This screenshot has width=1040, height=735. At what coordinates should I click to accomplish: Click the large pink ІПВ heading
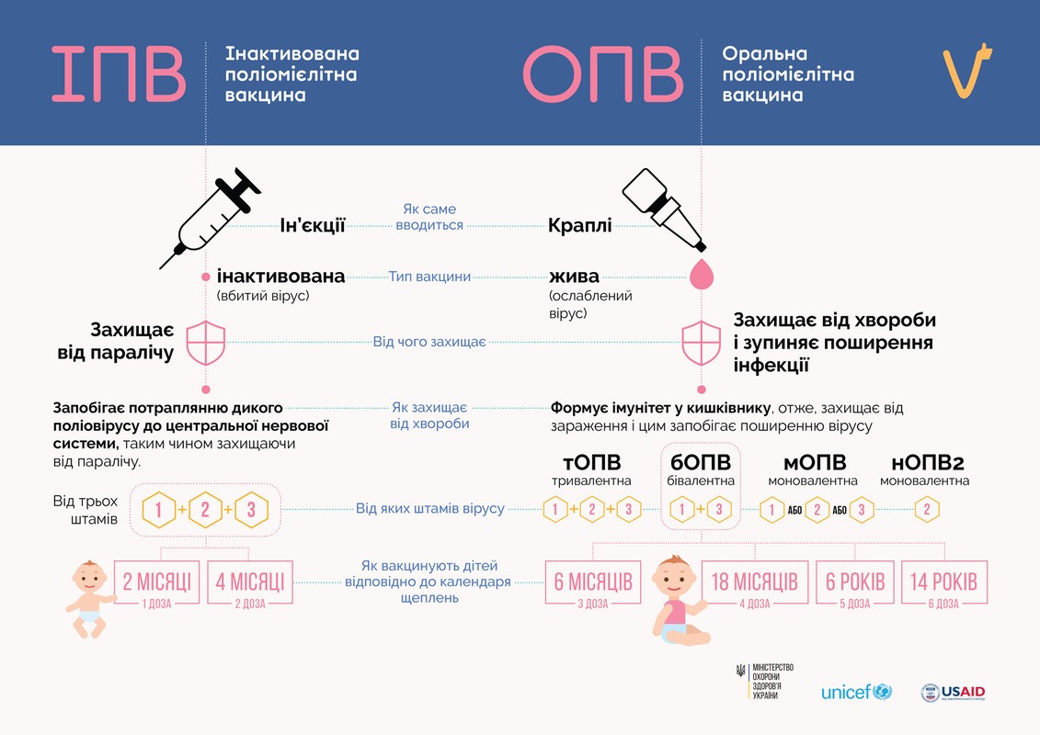(x=119, y=73)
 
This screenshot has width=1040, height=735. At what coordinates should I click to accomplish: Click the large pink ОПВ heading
(x=603, y=73)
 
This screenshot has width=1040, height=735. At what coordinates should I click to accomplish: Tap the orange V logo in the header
(x=967, y=70)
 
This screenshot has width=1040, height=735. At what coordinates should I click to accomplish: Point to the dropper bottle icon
(x=664, y=209)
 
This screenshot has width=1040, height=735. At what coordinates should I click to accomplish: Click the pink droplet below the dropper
(x=701, y=274)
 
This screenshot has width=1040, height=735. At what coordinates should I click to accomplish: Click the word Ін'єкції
(x=313, y=225)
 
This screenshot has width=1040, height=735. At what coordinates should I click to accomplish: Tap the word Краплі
(x=579, y=225)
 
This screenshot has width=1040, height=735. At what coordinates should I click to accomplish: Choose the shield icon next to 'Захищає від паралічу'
(x=206, y=343)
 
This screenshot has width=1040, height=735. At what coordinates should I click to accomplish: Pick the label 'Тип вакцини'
(x=429, y=277)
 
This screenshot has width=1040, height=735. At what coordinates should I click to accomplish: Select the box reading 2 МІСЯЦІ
(x=156, y=582)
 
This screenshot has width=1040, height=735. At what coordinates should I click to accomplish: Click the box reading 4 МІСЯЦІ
(x=250, y=582)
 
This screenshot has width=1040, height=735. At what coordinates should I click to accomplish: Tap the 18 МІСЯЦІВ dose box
(x=755, y=582)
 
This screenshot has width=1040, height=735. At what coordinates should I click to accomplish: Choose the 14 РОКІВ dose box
(x=943, y=582)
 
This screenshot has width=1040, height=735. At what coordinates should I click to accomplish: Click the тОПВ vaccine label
(x=591, y=462)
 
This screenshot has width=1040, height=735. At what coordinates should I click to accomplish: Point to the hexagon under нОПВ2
(x=927, y=510)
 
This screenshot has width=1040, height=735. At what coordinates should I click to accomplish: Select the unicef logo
(x=856, y=692)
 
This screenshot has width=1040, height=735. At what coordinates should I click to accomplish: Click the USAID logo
(x=954, y=693)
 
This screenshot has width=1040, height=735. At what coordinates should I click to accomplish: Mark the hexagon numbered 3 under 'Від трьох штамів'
(x=251, y=510)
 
